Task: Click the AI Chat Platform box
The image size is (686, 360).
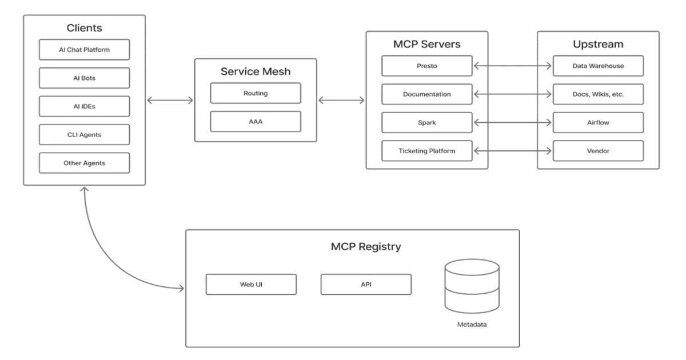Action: click(x=84, y=50)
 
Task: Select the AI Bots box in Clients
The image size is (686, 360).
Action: click(x=84, y=78)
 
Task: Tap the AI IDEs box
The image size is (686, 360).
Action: click(x=84, y=106)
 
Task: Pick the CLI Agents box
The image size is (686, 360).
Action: click(x=84, y=135)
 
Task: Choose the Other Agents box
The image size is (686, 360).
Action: click(x=84, y=163)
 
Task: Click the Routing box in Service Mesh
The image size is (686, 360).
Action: click(x=256, y=93)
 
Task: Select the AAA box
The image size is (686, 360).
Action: click(x=256, y=122)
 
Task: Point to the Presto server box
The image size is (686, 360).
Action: click(x=427, y=66)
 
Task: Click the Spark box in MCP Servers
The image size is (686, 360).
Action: click(x=427, y=122)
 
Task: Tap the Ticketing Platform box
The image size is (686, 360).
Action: click(x=427, y=151)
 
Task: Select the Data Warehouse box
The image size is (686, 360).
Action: click(x=598, y=66)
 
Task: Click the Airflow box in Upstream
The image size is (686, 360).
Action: click(x=598, y=122)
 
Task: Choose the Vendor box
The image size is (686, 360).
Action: click(x=598, y=151)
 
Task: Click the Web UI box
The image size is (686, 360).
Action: click(x=251, y=285)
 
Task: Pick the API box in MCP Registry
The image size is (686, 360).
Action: click(x=366, y=285)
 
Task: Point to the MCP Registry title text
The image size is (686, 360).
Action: click(x=366, y=247)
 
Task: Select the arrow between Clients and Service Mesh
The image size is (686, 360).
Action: click(x=170, y=101)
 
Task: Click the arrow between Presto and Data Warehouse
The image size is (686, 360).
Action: click(x=513, y=66)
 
